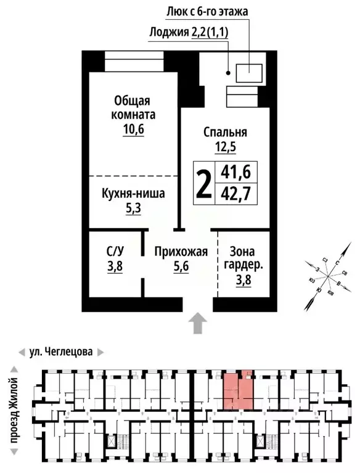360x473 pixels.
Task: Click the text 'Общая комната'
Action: (x=133, y=107)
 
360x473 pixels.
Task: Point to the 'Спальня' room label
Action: (x=225, y=132)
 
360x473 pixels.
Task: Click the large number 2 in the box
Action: (x=203, y=183)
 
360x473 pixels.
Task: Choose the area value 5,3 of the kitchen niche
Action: (x=133, y=208)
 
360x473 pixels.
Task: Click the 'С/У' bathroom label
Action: (x=115, y=252)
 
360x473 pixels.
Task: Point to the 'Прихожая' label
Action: (x=181, y=252)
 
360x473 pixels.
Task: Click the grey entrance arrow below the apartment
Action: (x=197, y=323)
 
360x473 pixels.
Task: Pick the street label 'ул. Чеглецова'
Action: (x=61, y=352)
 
